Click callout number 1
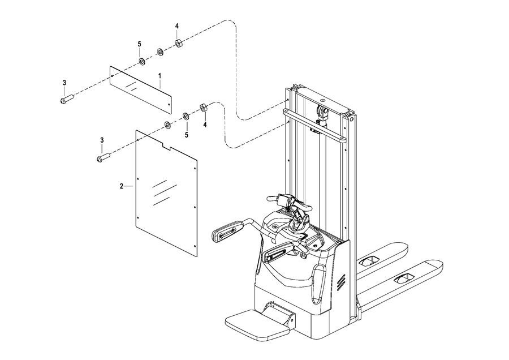pyautogui.click(x=159, y=75)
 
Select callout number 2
pyautogui.click(x=122, y=186)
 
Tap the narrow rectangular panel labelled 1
pyautogui.click(x=140, y=90)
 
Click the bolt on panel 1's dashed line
pyautogui.click(x=67, y=98)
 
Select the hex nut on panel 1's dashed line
pyautogui.click(x=178, y=43)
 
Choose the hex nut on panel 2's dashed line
pyautogui.click(x=203, y=108)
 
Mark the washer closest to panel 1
pyautogui.click(x=141, y=61)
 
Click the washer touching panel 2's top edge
pyautogui.click(x=167, y=125)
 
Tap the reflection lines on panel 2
pyautogui.click(x=164, y=192)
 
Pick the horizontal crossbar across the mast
pyautogui.click(x=315, y=126)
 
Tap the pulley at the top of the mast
pyautogui.click(x=322, y=111)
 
